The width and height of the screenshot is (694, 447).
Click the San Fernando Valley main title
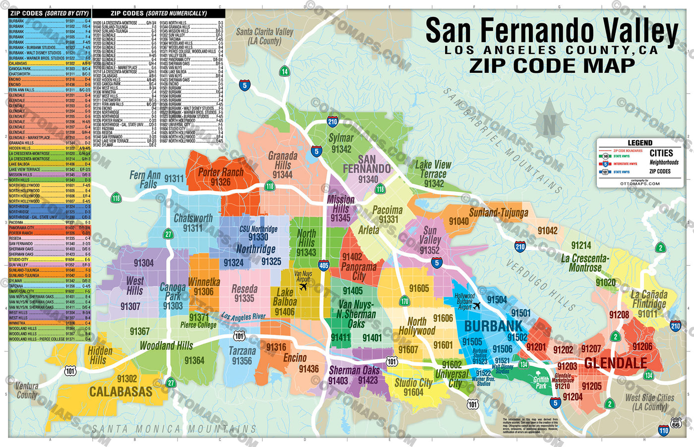[551, 31]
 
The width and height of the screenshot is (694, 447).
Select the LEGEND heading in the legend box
[639, 143]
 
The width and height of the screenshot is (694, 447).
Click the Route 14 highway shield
[285, 71]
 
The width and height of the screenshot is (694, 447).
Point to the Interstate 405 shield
[324, 266]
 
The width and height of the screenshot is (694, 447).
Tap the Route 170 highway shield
[405, 301]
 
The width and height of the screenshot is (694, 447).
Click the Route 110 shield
[664, 431]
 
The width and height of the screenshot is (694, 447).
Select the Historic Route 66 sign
[676, 423]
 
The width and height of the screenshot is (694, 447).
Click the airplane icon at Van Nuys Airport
[303, 286]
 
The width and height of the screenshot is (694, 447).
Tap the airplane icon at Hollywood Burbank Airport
[476, 306]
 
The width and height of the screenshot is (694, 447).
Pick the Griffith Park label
[541, 383]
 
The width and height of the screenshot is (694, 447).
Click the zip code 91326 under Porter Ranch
[221, 182]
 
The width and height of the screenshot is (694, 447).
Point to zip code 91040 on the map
[459, 222]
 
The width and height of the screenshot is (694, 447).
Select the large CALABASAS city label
[120, 392]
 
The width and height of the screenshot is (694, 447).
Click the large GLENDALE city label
[615, 363]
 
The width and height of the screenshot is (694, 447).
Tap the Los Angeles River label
[243, 316]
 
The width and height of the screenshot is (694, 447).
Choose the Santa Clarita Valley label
[264, 36]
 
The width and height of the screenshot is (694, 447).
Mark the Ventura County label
[27, 390]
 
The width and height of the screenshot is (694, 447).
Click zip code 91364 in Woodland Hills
[194, 361]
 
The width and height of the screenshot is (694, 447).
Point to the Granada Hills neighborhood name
[283, 161]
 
